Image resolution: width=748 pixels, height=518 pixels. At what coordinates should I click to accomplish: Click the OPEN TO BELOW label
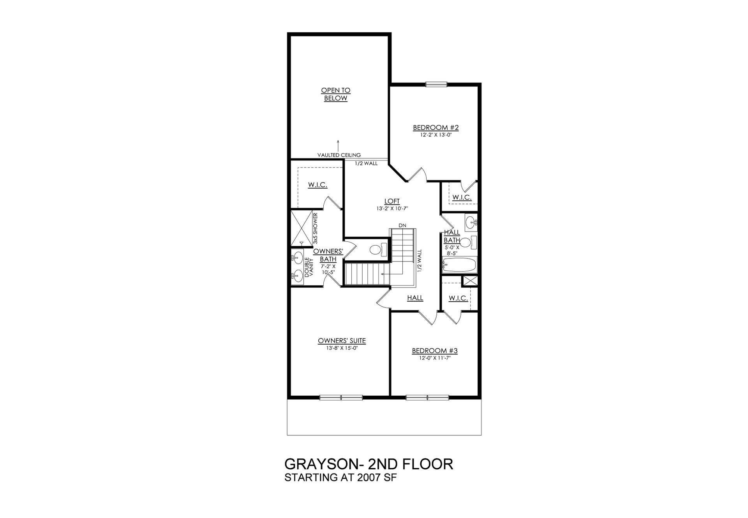(335, 94)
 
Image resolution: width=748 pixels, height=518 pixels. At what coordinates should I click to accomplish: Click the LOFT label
(392, 201)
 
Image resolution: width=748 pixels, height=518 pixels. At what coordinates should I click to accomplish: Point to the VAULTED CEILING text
(339, 155)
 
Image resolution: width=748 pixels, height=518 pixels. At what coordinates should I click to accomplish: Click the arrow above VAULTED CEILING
(338, 145)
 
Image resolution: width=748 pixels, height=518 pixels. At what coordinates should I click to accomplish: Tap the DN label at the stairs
(402, 225)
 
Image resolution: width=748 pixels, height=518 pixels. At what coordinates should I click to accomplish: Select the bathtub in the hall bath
(459, 265)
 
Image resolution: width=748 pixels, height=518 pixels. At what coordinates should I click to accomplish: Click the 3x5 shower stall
(302, 228)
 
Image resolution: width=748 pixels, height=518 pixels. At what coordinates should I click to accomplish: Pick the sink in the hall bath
(471, 223)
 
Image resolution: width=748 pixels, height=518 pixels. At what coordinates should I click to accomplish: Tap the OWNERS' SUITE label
(342, 341)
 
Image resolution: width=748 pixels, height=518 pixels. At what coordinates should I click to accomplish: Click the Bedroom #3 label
(435, 351)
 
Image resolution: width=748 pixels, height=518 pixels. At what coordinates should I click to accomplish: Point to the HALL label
(415, 298)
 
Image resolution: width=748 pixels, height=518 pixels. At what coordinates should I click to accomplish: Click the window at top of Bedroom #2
(436, 83)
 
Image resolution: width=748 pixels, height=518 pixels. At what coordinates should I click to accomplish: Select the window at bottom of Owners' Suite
(341, 398)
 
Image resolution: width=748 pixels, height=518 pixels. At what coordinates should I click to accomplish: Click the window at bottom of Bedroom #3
(428, 398)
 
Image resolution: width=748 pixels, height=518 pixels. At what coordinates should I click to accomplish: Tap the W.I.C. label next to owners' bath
(318, 185)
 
